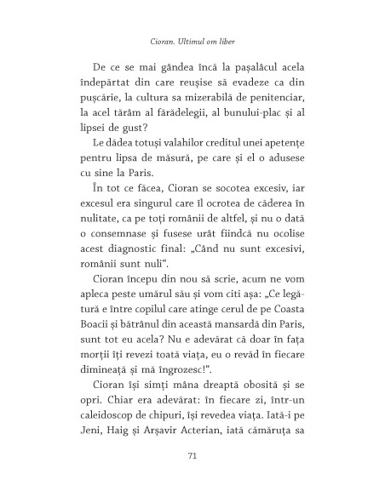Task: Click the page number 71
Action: tap(192, 456)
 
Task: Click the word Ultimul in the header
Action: tap(188, 38)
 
